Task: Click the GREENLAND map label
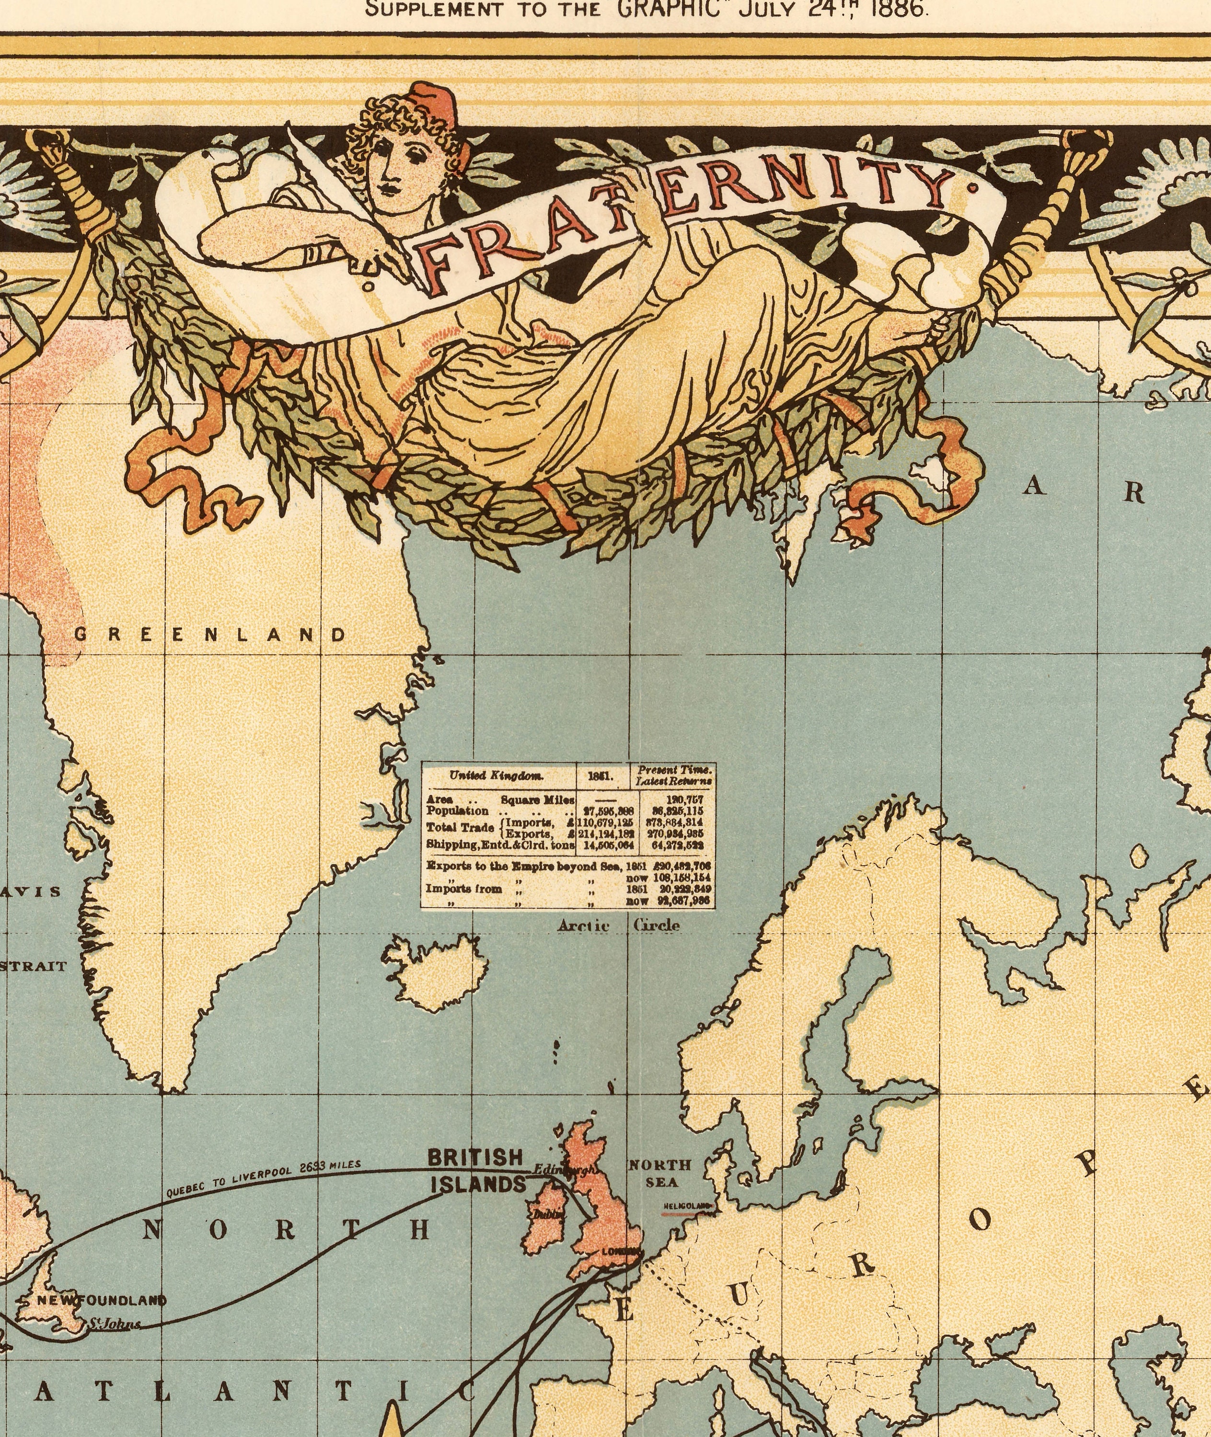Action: pos(210,634)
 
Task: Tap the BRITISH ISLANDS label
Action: pos(476,1171)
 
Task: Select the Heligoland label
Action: pos(687,1205)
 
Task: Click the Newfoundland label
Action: pos(101,1300)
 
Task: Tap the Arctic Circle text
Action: pos(619,926)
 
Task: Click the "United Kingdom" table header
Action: pos(496,776)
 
